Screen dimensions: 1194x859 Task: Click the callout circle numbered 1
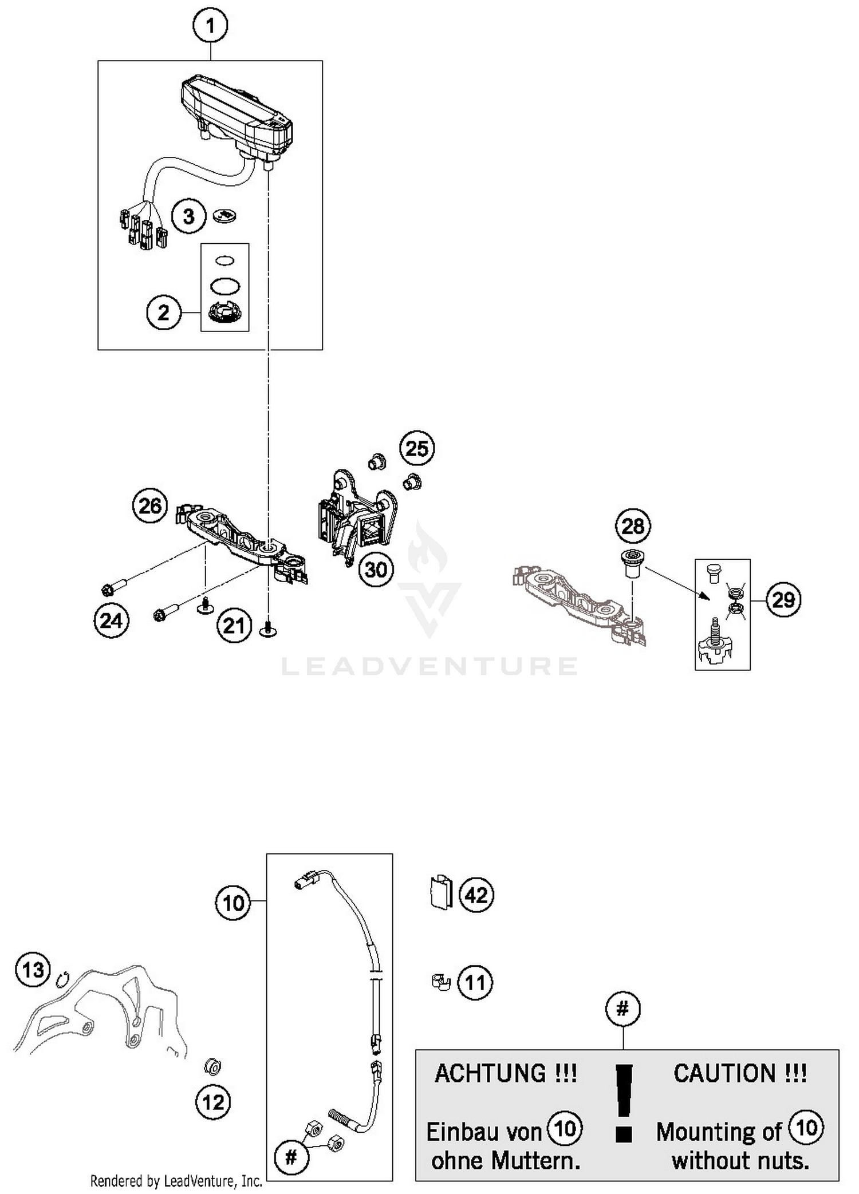[210, 26]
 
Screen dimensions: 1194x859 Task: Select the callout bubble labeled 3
[188, 217]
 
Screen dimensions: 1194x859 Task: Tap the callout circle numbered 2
[164, 313]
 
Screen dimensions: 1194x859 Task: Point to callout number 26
[150, 506]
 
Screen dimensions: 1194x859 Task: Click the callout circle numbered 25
[416, 448]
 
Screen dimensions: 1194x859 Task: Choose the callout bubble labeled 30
[376, 570]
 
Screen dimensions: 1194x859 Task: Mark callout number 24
[111, 620]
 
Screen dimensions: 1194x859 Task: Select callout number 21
[234, 626]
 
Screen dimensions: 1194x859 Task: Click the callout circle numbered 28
[633, 526]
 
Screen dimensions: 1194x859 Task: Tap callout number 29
[783, 600]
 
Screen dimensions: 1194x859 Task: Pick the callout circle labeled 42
[476, 895]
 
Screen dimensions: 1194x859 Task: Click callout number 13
[33, 970]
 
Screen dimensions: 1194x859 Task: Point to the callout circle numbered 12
[213, 1102]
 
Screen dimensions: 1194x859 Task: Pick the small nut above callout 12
[213, 1066]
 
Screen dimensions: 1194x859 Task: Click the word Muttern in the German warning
[535, 1161]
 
